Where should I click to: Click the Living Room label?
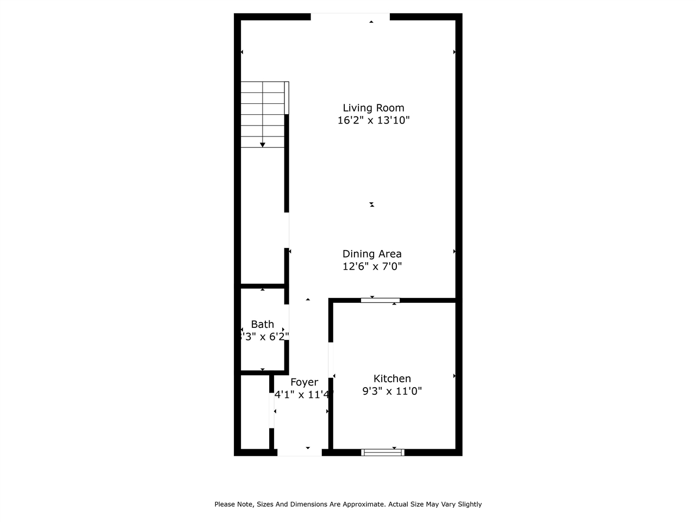373,108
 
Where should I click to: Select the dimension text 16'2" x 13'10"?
373,121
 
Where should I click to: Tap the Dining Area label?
372,254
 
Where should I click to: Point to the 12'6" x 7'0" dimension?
372,266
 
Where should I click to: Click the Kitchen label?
392,378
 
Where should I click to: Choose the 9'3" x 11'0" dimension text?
392,391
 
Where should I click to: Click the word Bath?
262,324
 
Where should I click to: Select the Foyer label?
304,382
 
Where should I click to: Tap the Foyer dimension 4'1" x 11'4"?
304,395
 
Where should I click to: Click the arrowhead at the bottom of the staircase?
263,145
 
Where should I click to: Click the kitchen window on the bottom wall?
383,452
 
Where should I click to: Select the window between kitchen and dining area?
380,300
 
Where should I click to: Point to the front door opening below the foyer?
300,452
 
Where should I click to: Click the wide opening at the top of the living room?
350,17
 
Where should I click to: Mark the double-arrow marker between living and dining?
372,204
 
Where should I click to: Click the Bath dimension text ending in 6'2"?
263,337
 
